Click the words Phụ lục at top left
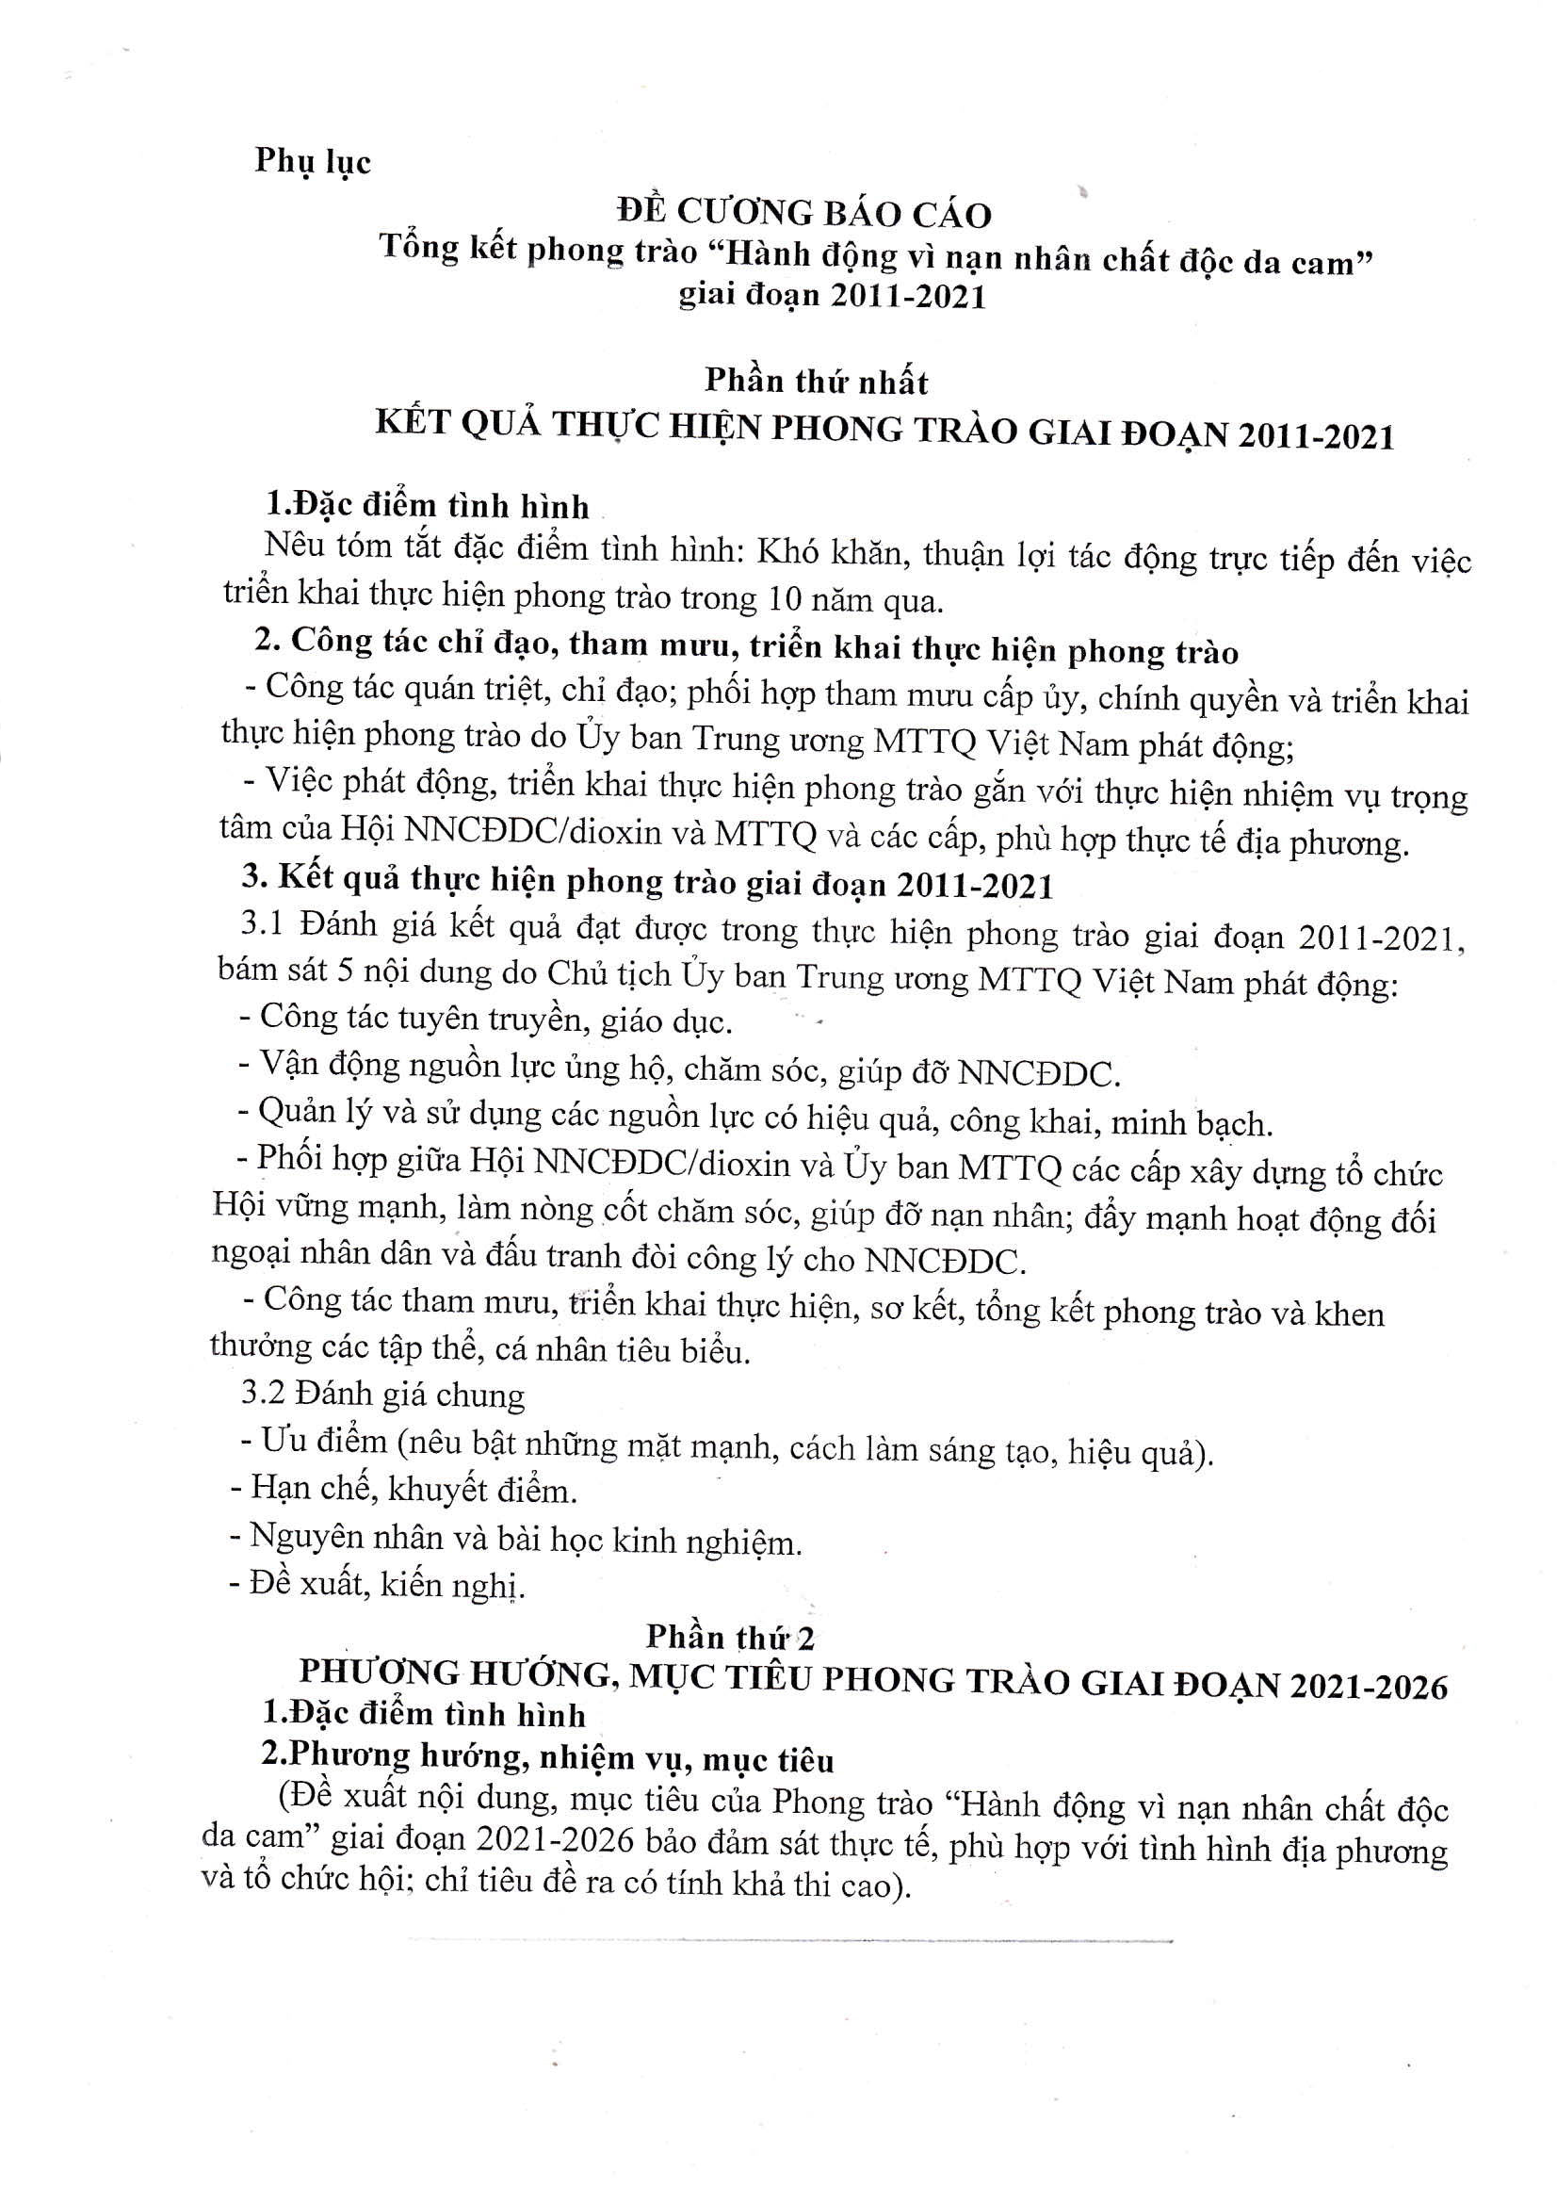click(312, 160)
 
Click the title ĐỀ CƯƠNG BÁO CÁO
click(803, 213)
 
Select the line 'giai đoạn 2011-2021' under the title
click(832, 296)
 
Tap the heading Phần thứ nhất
click(817, 382)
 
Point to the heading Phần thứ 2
click(730, 1636)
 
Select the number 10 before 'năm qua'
click(790, 599)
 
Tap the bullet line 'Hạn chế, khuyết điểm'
click(404, 1489)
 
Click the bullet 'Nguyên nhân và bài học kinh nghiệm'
click(516, 1539)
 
